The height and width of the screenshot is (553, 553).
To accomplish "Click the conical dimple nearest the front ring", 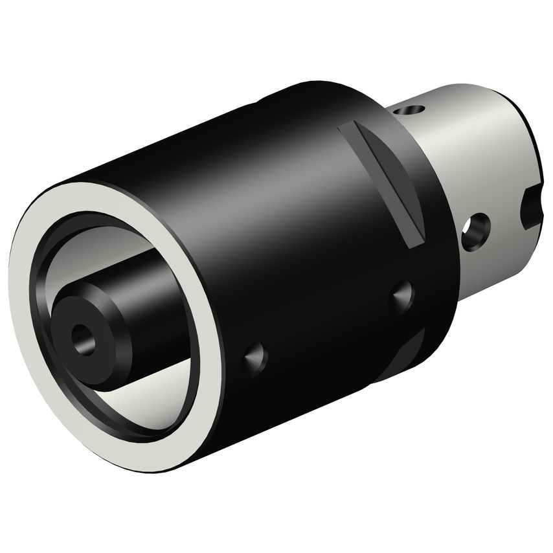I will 254,356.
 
